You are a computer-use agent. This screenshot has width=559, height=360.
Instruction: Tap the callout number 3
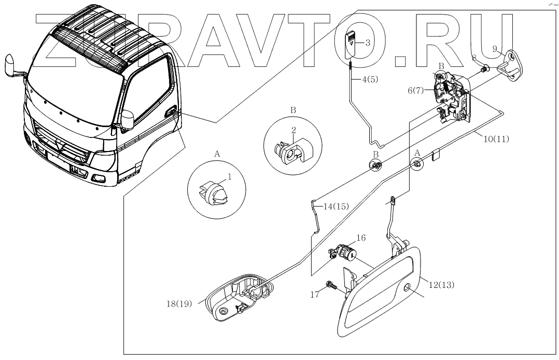click(367, 43)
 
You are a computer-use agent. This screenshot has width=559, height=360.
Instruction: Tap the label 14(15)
click(335, 205)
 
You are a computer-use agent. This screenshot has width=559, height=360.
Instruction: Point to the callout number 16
click(361, 238)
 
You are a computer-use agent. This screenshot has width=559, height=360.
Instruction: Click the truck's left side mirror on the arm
click(10, 65)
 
